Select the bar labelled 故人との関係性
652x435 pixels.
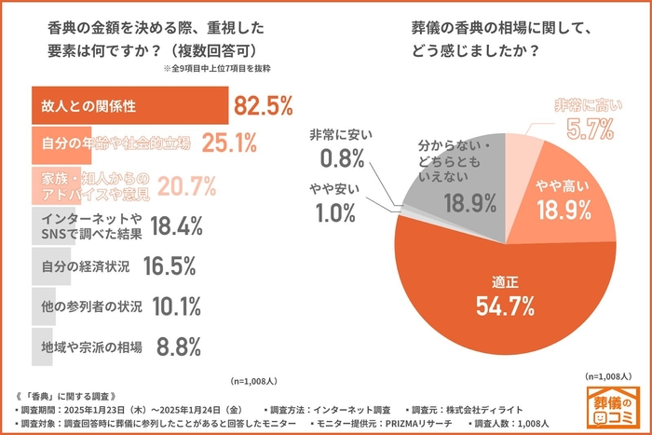pos(130,105)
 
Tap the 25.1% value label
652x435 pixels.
pos(229,143)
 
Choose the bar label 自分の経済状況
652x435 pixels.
pos(86,265)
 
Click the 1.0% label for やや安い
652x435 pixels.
pos(336,211)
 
